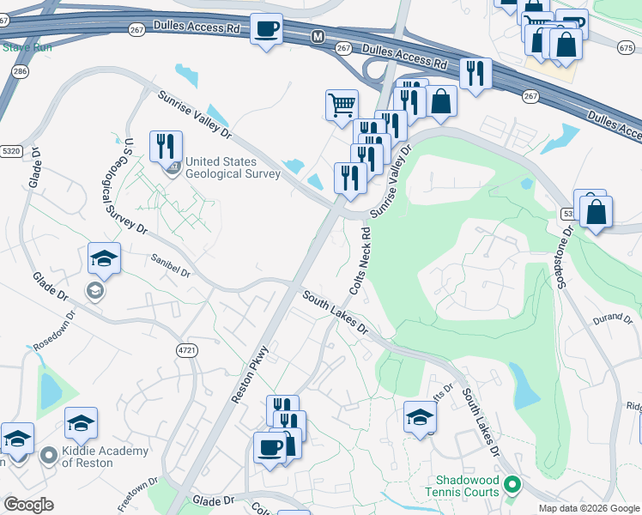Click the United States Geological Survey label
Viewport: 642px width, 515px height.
233,167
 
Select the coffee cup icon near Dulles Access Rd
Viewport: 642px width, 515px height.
266,30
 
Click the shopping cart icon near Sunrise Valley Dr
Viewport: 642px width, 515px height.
342,105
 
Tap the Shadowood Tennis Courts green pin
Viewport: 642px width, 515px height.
513,485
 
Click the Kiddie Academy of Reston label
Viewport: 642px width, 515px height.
105,457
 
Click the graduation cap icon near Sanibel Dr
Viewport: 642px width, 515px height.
104,258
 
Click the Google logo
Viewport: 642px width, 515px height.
28,505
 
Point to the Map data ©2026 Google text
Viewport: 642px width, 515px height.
588,508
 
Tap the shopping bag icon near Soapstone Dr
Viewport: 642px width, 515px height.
596,210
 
